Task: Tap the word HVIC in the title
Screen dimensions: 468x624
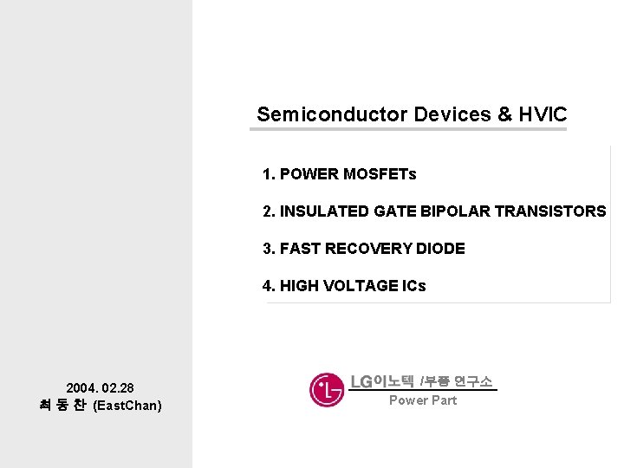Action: (x=543, y=114)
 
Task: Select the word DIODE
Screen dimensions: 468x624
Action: (x=441, y=249)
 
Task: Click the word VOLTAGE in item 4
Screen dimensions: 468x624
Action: (x=361, y=286)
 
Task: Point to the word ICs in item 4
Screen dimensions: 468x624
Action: (x=413, y=286)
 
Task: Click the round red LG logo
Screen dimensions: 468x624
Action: (x=327, y=389)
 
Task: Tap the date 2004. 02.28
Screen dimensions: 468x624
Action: (x=100, y=387)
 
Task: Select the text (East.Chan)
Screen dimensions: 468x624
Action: (x=127, y=406)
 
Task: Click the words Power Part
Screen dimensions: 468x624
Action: (x=423, y=400)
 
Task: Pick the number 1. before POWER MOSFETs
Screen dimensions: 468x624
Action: (x=269, y=174)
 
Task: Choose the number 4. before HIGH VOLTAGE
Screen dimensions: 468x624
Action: (x=269, y=286)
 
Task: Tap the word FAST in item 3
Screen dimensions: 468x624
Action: (x=301, y=249)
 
